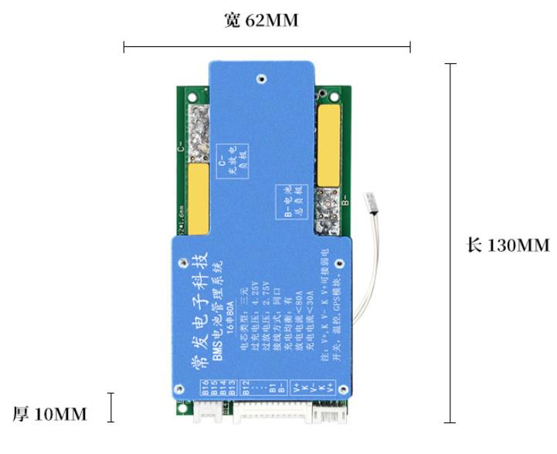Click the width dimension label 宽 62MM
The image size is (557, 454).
[x=260, y=21]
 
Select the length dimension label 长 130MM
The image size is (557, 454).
[x=508, y=246]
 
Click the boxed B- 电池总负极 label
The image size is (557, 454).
[x=291, y=202]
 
